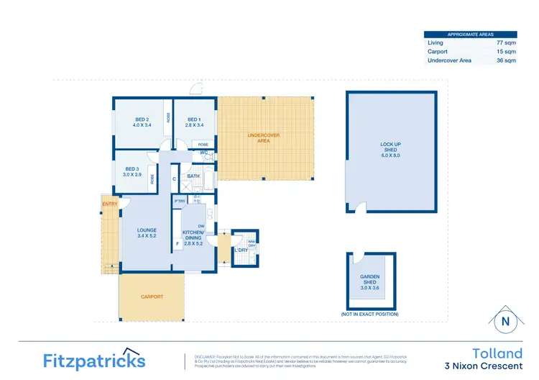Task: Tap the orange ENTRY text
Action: coord(110,204)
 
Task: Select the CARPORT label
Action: coord(152,297)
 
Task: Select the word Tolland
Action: coord(497,353)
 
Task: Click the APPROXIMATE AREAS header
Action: coord(470,34)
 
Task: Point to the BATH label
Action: coord(193,176)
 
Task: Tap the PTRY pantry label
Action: coord(180,202)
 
